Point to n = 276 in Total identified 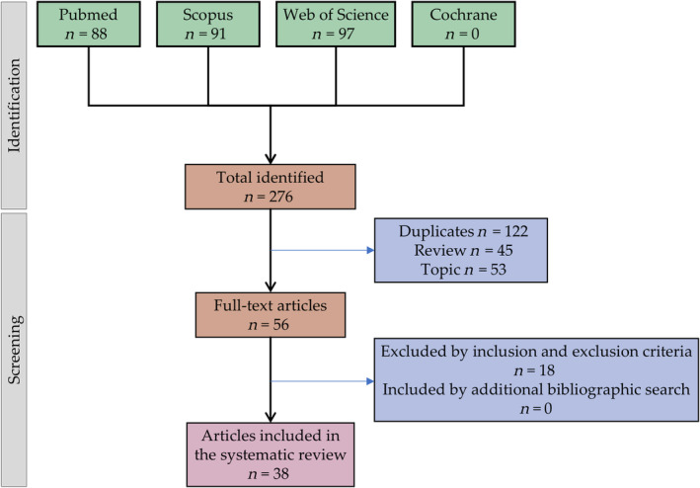269,199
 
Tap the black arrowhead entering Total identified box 269,158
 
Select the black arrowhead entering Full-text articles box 269,289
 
